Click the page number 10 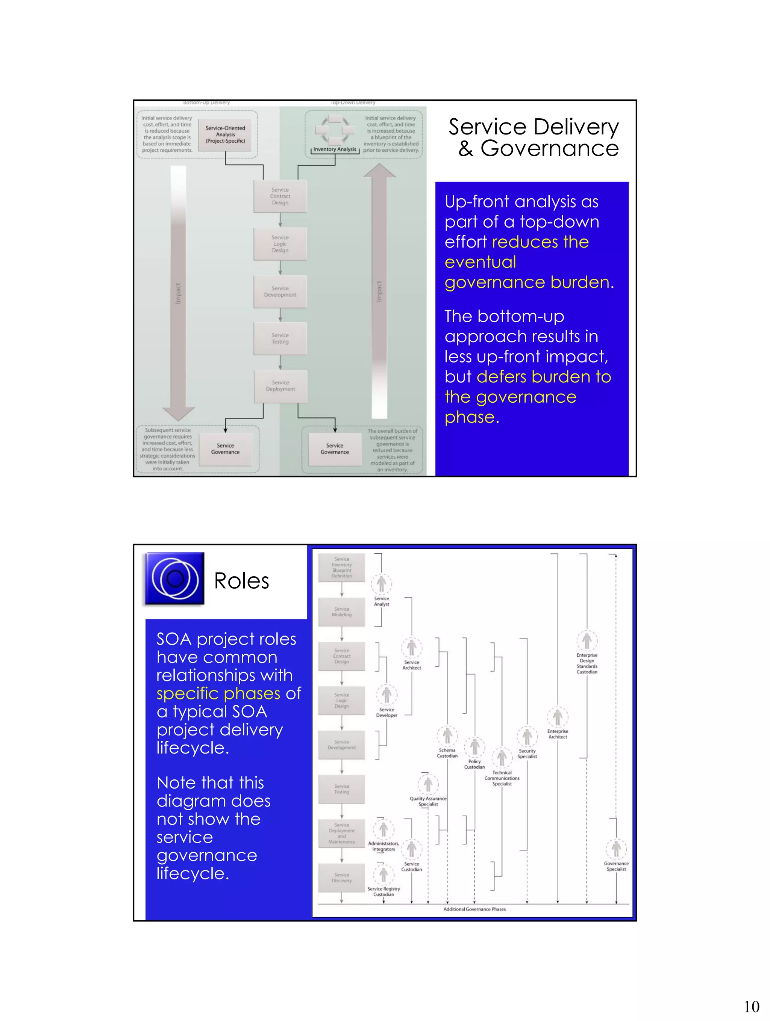point(752,1006)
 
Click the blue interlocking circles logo point(174,578)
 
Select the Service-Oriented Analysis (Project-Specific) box point(226,134)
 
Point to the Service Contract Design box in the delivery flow point(280,196)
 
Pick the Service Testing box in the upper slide point(280,338)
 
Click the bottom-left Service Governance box point(226,449)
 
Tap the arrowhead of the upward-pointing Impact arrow point(379,171)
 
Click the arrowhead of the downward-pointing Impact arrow point(179,414)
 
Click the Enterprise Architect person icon point(558,717)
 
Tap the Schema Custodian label point(447,753)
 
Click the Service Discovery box point(342,878)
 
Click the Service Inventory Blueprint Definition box point(342,567)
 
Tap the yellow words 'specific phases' point(218,693)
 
